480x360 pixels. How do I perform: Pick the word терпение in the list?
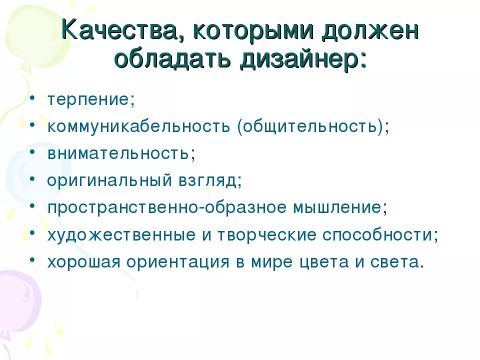coord(88,99)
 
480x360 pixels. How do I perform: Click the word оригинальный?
coord(109,180)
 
